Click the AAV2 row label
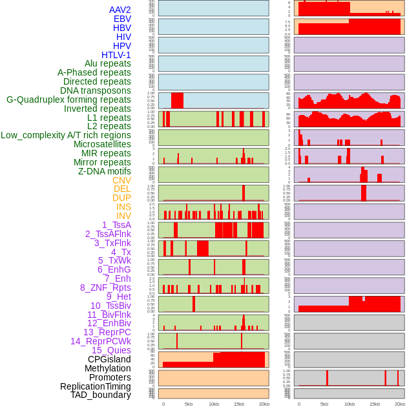pos(120,10)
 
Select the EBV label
pos(122,19)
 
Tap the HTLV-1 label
pos(116,55)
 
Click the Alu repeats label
pos(108,63)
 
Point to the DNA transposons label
pos(96,90)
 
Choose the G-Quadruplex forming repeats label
pos(68,99)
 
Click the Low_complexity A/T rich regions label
pos(66,135)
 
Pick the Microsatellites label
pos(102,144)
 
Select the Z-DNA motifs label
pos(105,171)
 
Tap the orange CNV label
pos(121,180)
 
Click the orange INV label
pos(123,216)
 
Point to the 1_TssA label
pos(116,225)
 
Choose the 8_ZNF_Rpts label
pos(105,287)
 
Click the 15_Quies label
pos(111,350)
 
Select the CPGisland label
pos(109,359)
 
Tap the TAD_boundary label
pos(101,395)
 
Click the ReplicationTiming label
pos(96,386)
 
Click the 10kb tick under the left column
pos(214,404)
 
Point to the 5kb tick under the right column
pos(324,404)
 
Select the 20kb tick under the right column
pos(400,404)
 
